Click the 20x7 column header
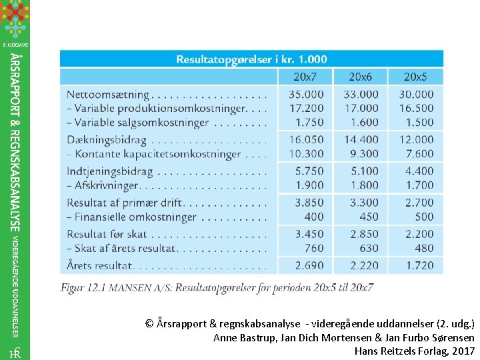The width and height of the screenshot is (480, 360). (x=305, y=77)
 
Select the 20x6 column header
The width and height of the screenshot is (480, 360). (x=360, y=77)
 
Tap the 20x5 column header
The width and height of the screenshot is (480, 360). (x=415, y=77)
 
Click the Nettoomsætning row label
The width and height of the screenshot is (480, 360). (x=108, y=95)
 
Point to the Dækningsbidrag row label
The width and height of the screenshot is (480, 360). (x=107, y=140)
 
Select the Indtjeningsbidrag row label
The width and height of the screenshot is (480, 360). (x=110, y=171)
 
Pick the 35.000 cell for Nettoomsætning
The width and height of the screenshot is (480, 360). (x=306, y=95)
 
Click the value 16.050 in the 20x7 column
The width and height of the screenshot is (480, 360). (x=306, y=140)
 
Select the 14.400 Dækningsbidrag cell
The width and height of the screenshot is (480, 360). (x=361, y=140)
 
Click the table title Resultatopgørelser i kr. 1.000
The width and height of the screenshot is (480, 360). (x=251, y=59)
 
